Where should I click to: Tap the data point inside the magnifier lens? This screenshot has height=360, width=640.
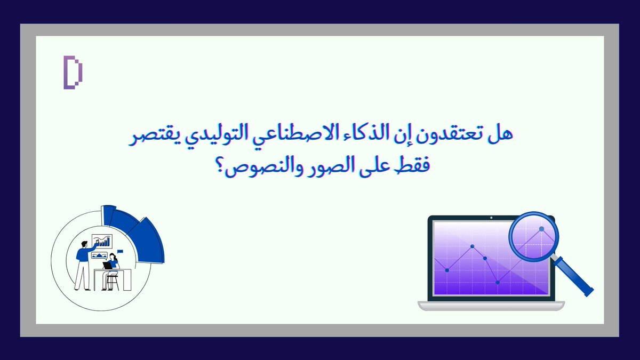point(541,229)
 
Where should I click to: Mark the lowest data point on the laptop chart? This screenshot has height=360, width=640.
point(498,282)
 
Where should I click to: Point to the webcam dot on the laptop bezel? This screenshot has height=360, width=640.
point(491,218)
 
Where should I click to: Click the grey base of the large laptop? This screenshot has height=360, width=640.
point(491,306)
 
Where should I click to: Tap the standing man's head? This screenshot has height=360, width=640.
point(84,244)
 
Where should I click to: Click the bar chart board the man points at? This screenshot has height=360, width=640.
point(102,241)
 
